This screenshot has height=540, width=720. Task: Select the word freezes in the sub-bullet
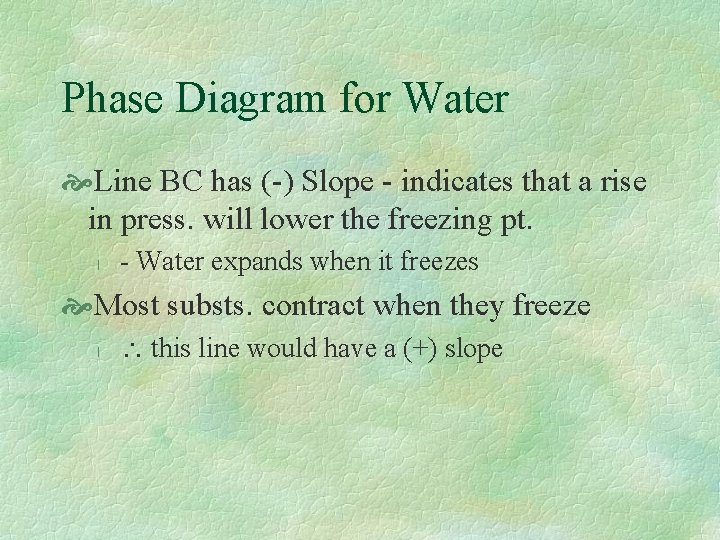click(x=439, y=262)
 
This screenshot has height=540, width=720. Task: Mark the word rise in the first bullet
click(x=620, y=182)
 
